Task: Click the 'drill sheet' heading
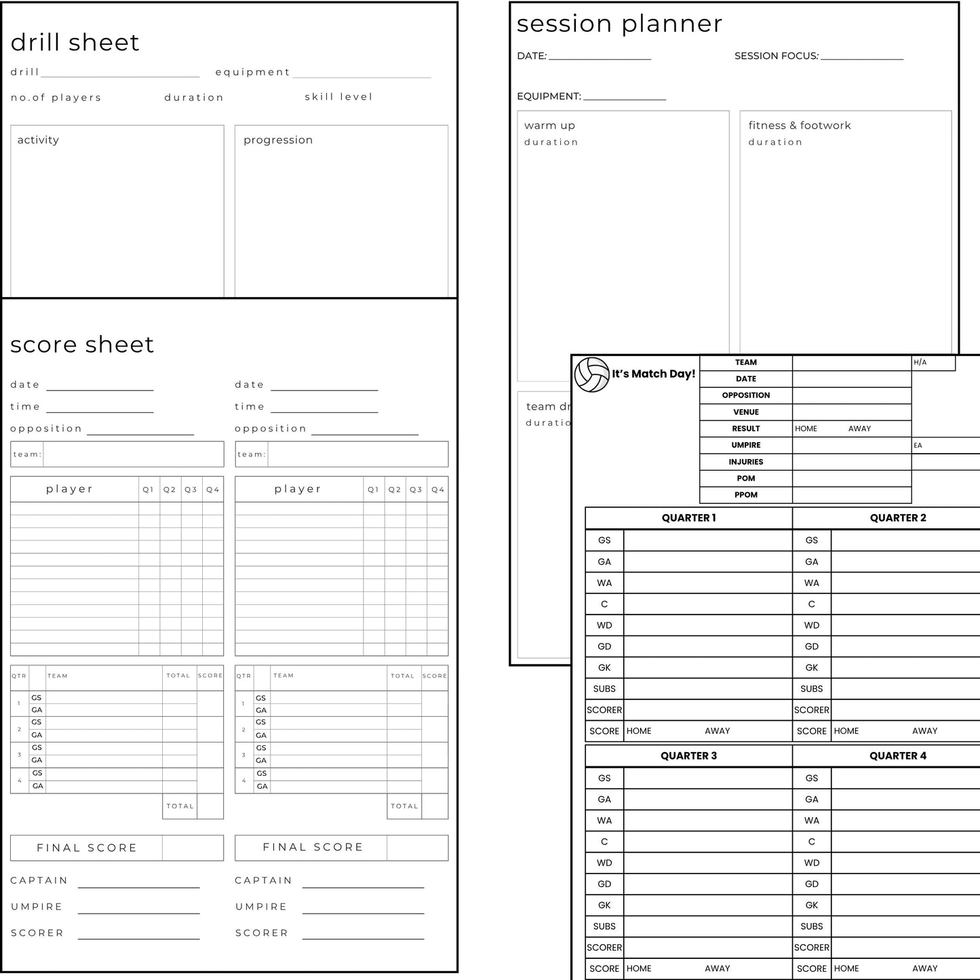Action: (x=75, y=43)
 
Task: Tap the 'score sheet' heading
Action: (x=82, y=345)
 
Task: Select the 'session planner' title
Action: (x=619, y=24)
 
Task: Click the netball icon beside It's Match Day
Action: (x=591, y=374)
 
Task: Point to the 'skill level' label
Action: (x=338, y=97)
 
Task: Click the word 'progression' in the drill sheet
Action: (x=278, y=140)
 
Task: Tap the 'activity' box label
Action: (x=38, y=140)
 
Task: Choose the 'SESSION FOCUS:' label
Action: (x=777, y=56)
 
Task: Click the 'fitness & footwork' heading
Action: (x=800, y=125)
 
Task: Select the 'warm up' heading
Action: (x=549, y=125)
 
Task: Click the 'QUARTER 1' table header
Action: (x=688, y=518)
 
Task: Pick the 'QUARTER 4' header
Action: (x=897, y=756)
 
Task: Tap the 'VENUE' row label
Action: (x=745, y=412)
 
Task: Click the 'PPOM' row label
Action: (x=745, y=495)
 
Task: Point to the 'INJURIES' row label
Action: (x=745, y=462)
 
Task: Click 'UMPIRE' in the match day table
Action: (x=745, y=446)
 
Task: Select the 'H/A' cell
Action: (x=920, y=363)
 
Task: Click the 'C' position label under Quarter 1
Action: (x=604, y=604)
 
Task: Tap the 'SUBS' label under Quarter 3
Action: (x=604, y=926)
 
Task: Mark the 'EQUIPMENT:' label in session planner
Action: (x=549, y=96)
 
